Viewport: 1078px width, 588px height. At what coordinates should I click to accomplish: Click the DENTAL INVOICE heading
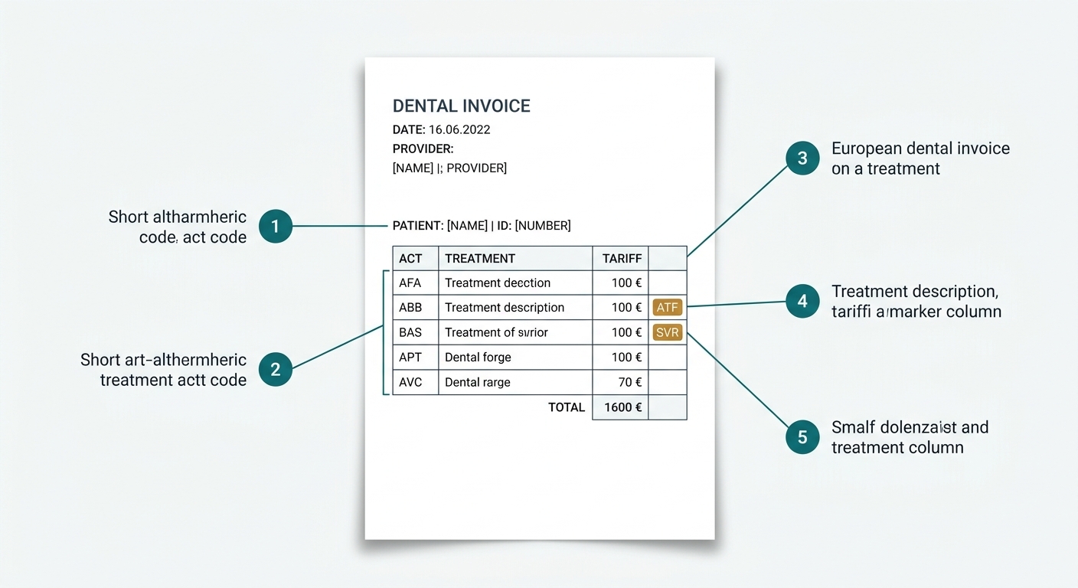[461, 106]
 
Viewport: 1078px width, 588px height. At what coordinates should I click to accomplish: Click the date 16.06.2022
[459, 129]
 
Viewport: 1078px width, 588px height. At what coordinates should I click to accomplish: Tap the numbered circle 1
[276, 226]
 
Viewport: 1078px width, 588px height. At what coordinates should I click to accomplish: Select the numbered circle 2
[276, 369]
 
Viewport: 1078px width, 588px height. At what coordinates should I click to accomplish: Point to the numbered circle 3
[802, 158]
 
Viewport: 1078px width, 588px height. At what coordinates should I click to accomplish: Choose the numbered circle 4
[802, 301]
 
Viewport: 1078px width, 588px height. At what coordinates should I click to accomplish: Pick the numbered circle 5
[802, 437]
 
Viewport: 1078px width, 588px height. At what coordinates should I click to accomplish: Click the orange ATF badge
[668, 307]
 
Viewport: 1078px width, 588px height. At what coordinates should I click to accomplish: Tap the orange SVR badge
[668, 332]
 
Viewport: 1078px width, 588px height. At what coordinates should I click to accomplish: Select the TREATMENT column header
[480, 258]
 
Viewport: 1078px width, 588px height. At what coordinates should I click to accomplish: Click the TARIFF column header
[622, 258]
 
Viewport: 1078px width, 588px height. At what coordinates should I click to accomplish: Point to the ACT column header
[410, 258]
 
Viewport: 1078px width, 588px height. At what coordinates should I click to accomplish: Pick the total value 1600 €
[622, 407]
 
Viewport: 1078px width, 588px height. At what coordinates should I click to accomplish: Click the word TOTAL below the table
[567, 407]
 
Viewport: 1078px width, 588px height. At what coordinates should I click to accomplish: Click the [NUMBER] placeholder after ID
[543, 226]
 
